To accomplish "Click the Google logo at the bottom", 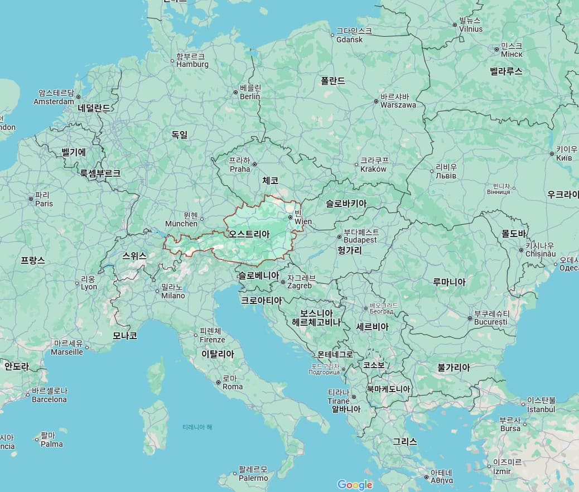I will coord(355,485).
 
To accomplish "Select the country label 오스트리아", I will coord(249,234).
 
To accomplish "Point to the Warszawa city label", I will coord(398,101).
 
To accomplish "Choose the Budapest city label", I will coord(360,236).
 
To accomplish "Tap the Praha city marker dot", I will coord(254,164).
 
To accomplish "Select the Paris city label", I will coord(44,200).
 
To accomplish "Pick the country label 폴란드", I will coord(332,81).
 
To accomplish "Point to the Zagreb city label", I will coord(300,282).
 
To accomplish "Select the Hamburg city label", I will coord(192,61).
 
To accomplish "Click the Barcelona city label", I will coord(49,395).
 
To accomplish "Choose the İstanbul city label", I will coord(541,405).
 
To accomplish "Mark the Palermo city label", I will coord(253,474).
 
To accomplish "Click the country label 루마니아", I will coord(449,282).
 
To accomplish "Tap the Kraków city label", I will coord(373,165).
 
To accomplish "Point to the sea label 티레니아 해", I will coord(197,427).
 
